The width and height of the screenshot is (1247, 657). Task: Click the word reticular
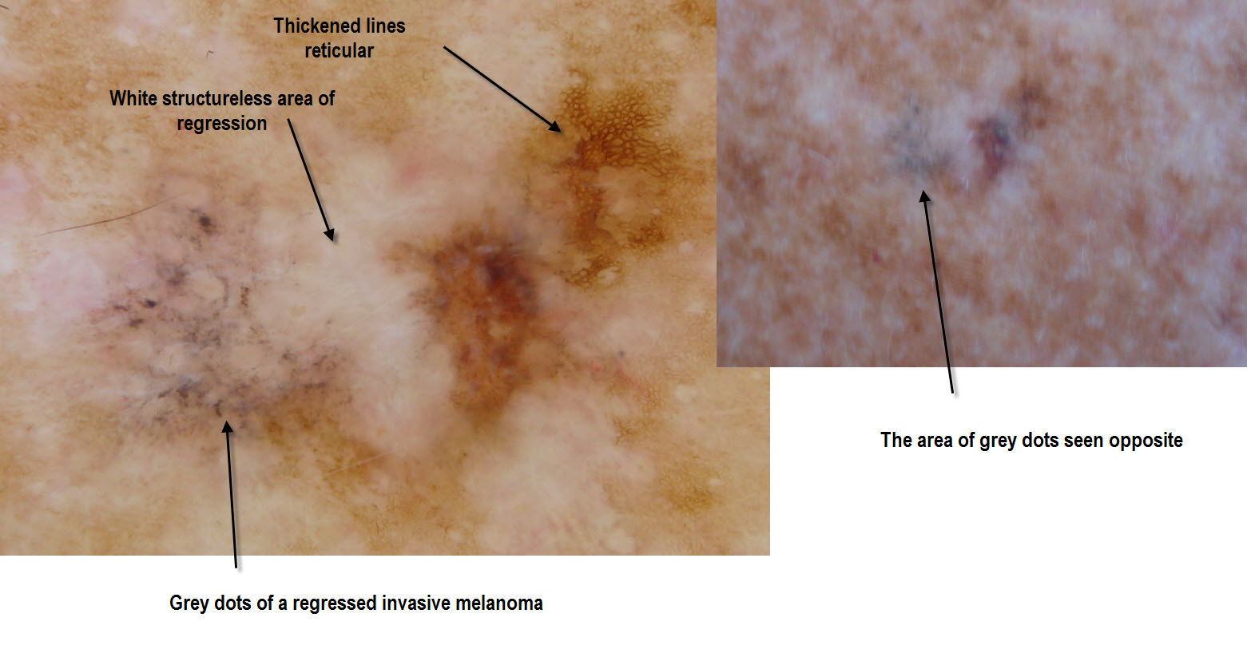pyautogui.click(x=339, y=51)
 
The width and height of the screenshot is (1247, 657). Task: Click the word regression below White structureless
pyautogui.click(x=221, y=124)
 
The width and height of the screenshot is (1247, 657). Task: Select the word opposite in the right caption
pyautogui.click(x=1145, y=441)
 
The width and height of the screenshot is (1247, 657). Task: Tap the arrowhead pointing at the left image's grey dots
pyautogui.click(x=228, y=427)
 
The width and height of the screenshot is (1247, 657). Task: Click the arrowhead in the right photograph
pyautogui.click(x=924, y=196)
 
